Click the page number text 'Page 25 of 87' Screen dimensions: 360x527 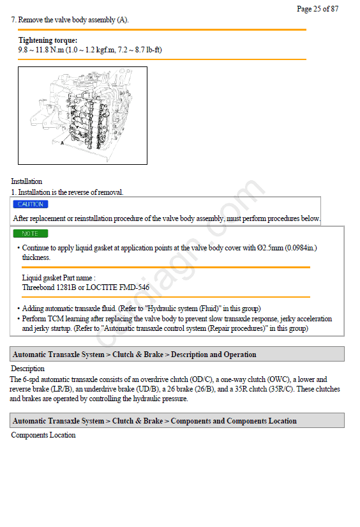coord(317,9)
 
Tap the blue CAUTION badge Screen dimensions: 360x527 coord(31,204)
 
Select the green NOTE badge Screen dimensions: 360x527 coord(31,233)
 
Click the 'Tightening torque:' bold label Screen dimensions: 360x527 coord(48,40)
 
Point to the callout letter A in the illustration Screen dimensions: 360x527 coord(62,143)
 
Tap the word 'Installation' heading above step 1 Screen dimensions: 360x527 coord(27,181)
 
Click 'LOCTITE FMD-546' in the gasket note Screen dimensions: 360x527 coord(117,287)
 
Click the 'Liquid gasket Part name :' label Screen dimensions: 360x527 coord(59,278)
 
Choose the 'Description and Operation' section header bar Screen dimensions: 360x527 coord(177,355)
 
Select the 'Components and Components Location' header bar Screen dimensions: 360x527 coord(177,420)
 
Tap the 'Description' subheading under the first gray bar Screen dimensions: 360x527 coord(27,369)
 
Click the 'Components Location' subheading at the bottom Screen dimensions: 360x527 coord(43,435)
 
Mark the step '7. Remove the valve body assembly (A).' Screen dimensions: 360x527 coord(70,20)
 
